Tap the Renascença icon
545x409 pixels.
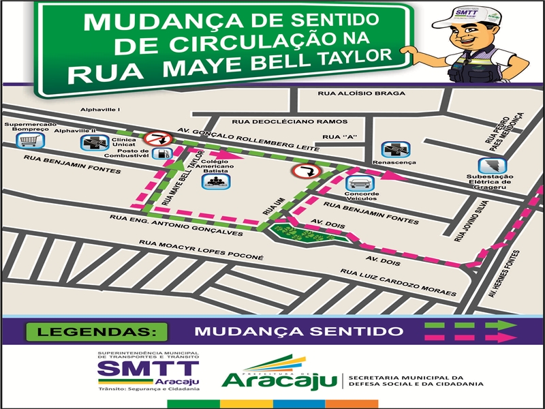pos(392,151)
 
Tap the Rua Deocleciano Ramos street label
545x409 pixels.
pos(280,121)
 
